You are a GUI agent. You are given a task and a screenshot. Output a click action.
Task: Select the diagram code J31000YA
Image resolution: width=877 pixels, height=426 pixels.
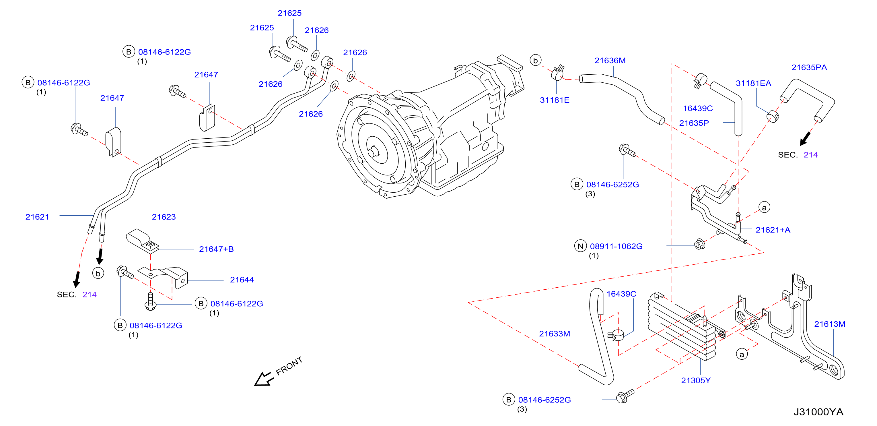tap(818, 412)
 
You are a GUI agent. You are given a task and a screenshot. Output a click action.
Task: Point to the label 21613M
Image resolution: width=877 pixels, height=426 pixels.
tap(829, 324)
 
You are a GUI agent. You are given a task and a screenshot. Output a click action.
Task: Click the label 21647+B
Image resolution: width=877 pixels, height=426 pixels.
tap(216, 249)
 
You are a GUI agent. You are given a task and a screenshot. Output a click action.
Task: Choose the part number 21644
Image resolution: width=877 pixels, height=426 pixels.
tap(242, 280)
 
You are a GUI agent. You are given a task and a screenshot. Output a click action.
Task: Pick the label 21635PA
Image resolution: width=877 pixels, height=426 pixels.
tap(809, 67)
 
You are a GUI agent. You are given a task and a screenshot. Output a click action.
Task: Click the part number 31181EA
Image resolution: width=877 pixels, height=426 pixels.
tap(753, 84)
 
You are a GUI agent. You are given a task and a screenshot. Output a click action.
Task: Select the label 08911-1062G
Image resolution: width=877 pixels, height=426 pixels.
tap(616, 246)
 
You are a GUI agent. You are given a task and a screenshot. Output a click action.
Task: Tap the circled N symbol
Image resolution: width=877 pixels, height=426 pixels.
tap(580, 246)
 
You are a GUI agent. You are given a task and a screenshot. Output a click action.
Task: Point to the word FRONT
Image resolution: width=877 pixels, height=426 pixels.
tap(289, 366)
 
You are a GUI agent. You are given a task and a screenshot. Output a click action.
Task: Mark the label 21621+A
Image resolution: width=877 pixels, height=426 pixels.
tap(773, 230)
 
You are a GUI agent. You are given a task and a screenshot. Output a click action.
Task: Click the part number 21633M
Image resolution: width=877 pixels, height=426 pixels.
tap(554, 334)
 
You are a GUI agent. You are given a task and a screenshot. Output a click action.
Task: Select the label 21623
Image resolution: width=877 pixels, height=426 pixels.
tap(164, 217)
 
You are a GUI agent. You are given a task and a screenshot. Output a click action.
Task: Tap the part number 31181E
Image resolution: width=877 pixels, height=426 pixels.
tap(555, 100)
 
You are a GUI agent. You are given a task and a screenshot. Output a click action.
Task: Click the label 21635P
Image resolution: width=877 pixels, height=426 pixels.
tap(694, 123)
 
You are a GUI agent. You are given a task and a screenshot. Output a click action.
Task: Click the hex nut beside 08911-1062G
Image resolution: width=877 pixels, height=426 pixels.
tap(699, 244)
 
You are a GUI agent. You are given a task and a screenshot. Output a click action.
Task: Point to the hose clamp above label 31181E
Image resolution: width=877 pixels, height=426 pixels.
tap(558, 73)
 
